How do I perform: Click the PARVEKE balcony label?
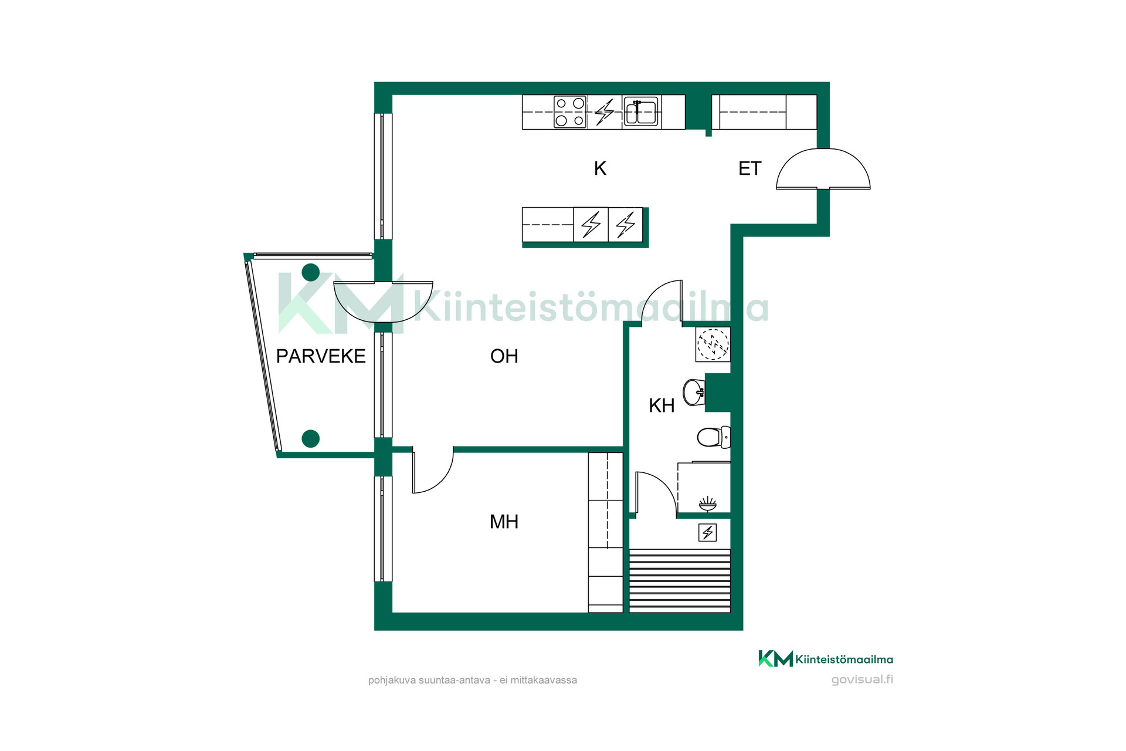pos(321,356)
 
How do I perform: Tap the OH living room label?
pos(504,356)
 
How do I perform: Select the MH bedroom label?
pos(504,522)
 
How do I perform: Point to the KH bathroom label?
pos(662,405)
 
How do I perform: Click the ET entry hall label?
pos(749,168)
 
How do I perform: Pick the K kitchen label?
pos(600,168)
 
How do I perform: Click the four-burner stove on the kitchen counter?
pos(570,111)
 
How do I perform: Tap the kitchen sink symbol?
pos(640,111)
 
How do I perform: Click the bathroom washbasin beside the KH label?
pos(694,393)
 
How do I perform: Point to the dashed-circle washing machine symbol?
pos(713,344)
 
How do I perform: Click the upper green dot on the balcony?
pos(310,272)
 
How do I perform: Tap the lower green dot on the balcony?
pos(310,438)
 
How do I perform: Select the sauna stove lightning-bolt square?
pos(708,532)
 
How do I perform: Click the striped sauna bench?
pos(680,581)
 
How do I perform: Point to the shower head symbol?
pos(708,504)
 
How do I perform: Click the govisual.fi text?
pos(862,679)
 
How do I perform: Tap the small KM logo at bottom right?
pos(775,659)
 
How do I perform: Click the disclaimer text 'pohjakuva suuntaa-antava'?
pos(429,681)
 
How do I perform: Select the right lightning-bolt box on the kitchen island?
pos(626,225)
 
